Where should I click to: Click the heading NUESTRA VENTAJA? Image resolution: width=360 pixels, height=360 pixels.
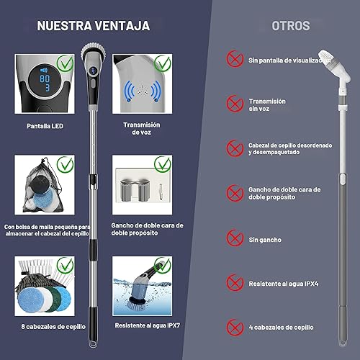(94, 26)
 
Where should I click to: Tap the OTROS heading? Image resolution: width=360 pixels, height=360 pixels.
(291, 26)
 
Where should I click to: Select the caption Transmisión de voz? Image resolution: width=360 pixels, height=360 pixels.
(141, 129)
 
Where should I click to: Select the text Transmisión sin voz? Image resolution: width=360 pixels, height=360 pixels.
(267, 105)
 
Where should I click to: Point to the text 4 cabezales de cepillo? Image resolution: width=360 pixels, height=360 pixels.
(280, 328)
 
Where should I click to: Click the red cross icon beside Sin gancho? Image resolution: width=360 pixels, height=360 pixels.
(233, 238)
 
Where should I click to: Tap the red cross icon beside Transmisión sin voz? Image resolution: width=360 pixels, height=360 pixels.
(233, 104)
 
